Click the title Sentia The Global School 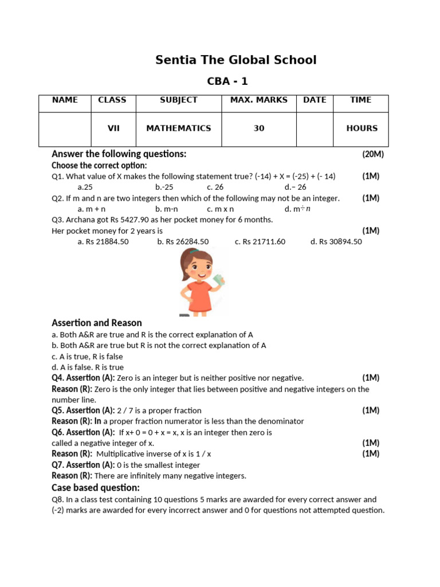tap(235, 60)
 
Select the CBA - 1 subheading tap(227, 81)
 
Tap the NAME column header tap(65, 100)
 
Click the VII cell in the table tap(113, 128)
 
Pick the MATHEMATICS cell tap(178, 128)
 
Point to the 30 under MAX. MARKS tap(259, 128)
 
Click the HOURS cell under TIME tap(362, 128)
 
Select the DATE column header tap(315, 100)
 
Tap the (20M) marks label tap(372, 154)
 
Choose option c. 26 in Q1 tap(215, 187)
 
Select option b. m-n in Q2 tap(166, 209)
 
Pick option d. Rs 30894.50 tap(336, 242)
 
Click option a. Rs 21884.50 tap(103, 242)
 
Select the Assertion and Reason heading tap(97, 323)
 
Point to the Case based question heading tap(96, 488)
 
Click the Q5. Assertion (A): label tap(83, 410)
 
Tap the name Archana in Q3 tap(81, 220)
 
